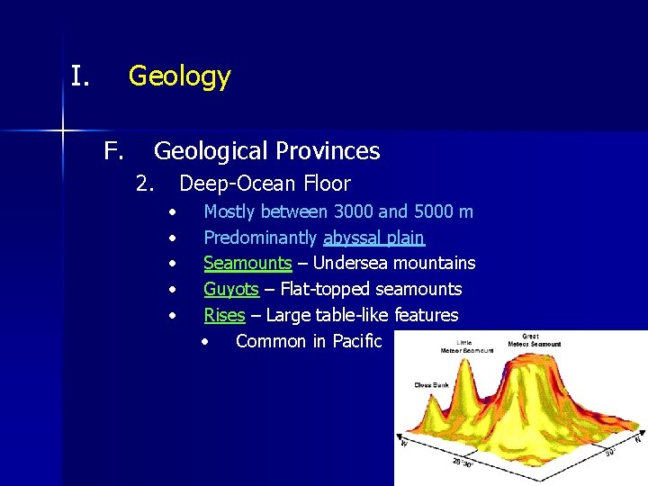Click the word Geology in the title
click(179, 76)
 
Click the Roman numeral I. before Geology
click(81, 76)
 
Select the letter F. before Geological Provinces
click(112, 150)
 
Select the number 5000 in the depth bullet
click(435, 212)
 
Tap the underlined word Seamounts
click(247, 264)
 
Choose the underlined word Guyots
click(231, 289)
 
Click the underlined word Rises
click(224, 315)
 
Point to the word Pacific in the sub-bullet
click(357, 341)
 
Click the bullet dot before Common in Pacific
click(206, 342)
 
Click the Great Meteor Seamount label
click(535, 341)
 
